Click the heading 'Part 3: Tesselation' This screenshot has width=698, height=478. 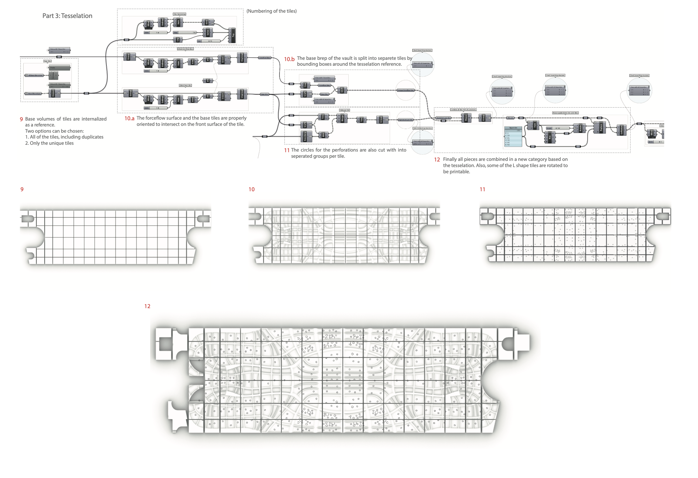67,16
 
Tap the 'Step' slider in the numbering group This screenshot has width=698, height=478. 185,32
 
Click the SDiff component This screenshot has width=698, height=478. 342,90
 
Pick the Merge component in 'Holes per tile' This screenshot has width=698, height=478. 342,118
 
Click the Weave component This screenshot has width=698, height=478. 466,118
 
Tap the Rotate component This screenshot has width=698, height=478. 580,128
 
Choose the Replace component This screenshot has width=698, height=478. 600,127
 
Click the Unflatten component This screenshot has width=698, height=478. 621,130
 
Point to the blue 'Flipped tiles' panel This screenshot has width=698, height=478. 513,137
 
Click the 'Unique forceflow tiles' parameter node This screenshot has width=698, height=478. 405,90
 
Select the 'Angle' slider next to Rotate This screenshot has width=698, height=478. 558,128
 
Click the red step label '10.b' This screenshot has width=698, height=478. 289,59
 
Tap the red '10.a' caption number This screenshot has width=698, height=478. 129,118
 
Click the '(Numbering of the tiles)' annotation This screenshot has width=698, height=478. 271,11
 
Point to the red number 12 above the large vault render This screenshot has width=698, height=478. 147,306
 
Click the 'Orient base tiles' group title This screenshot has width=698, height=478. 185,85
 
